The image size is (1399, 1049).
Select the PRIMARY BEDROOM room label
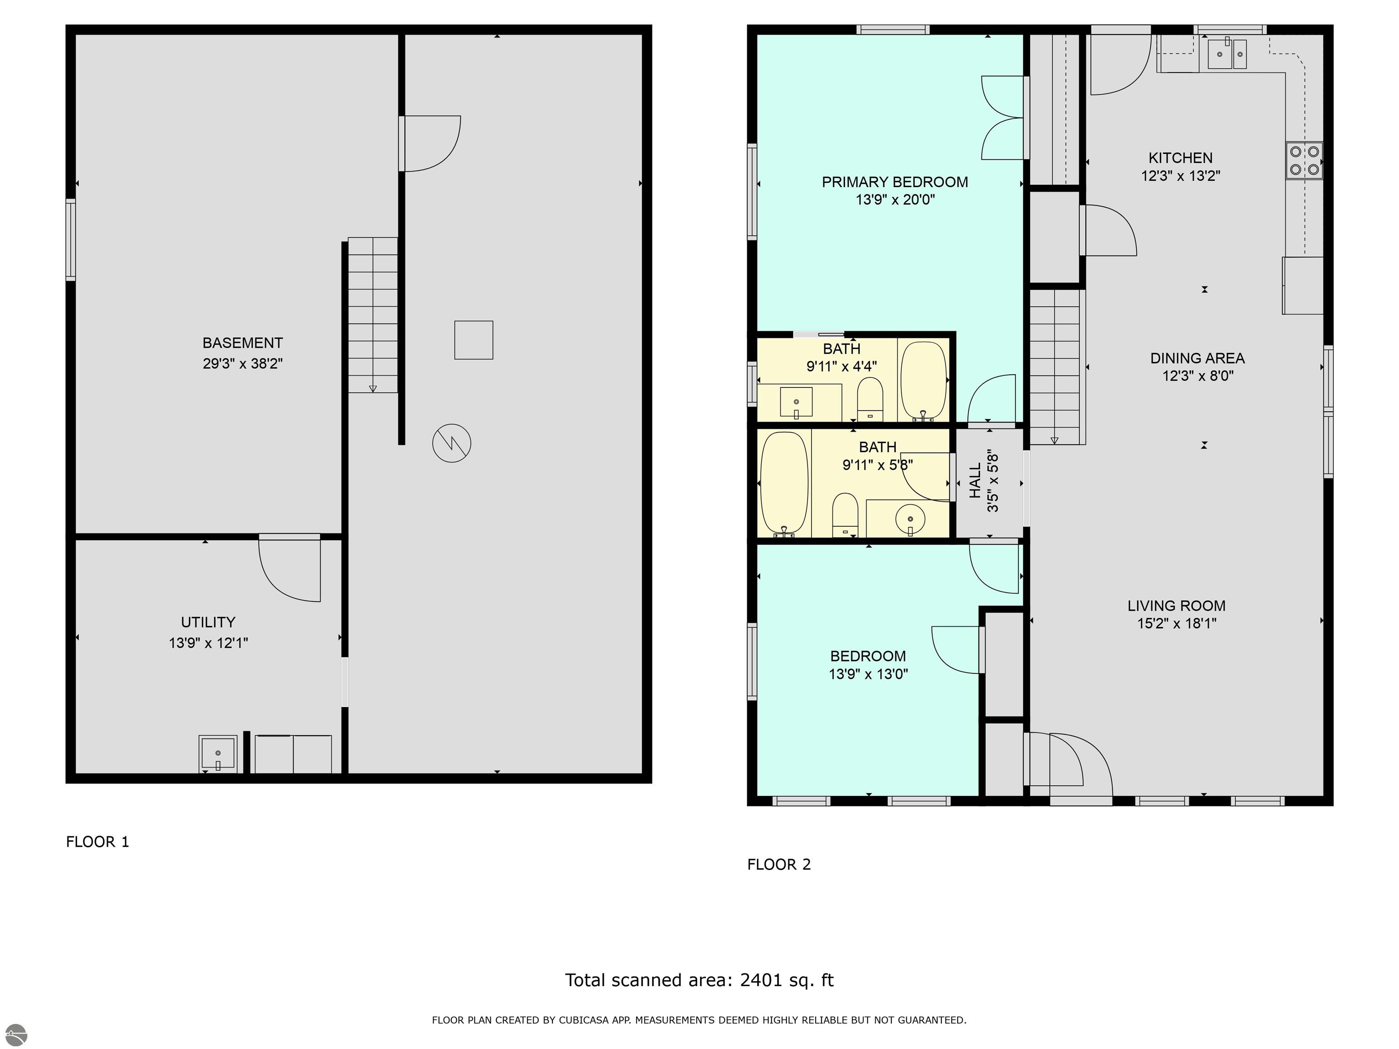coord(895,182)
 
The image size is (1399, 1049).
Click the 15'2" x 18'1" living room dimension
coord(1176,623)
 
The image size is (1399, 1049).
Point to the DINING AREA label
coord(1197,358)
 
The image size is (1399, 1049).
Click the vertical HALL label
coord(976,480)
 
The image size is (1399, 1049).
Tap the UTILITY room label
coord(208,622)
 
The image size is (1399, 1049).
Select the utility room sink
coord(218,754)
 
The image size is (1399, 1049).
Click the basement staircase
coord(373,315)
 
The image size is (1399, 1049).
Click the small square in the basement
coord(474,340)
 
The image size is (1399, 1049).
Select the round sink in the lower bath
coord(910,519)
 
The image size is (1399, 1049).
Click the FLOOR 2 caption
coord(779,864)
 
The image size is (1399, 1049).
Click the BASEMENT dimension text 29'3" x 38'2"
coord(243,364)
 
